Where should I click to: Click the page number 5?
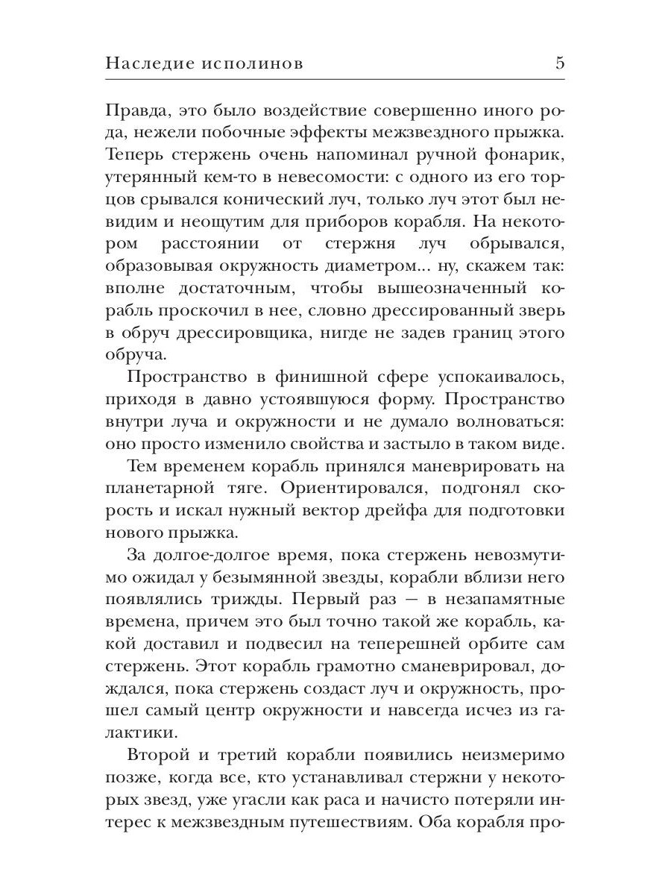coord(559,63)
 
